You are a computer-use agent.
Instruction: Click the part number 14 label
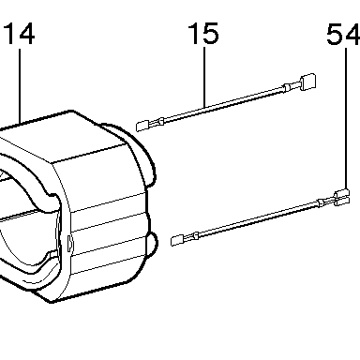20,34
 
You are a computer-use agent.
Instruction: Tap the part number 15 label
203,33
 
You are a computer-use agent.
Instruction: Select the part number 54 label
343,34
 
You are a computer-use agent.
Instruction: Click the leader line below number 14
20,86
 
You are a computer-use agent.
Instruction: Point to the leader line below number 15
204,77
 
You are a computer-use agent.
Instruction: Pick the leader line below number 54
346,119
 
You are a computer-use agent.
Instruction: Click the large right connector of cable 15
308,82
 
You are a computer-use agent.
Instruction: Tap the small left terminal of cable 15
142,126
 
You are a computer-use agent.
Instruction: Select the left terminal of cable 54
177,240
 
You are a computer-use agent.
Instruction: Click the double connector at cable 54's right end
342,198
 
